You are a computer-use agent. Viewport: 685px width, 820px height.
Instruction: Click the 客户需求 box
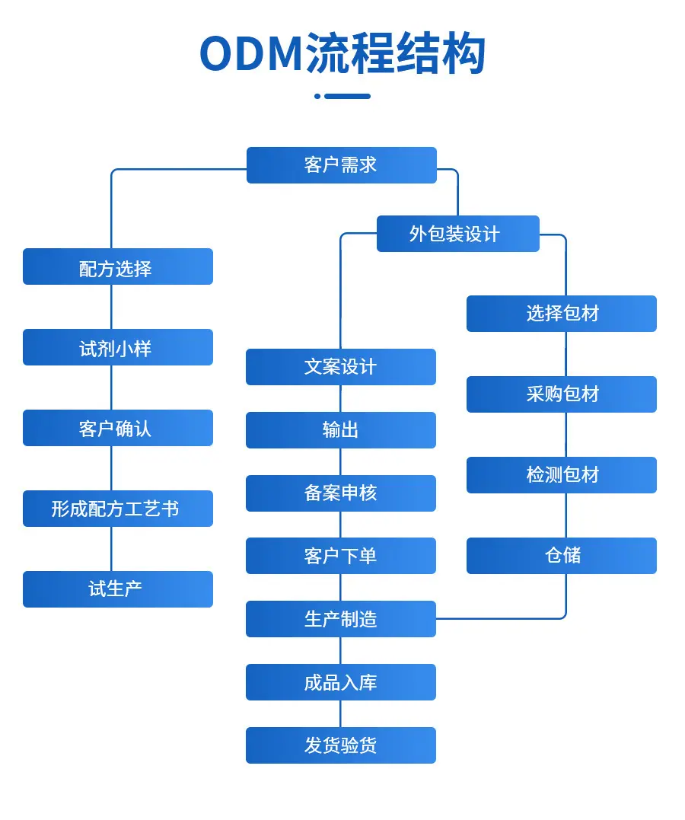coord(342,165)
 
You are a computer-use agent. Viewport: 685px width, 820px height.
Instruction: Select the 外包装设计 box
coord(458,234)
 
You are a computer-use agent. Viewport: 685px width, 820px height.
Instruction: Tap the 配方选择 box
coord(118,266)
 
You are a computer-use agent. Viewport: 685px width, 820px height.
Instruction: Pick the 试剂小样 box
coord(118,347)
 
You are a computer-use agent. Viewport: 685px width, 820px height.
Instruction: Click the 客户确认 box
coord(118,428)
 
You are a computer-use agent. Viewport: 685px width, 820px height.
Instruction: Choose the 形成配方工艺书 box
coord(118,509)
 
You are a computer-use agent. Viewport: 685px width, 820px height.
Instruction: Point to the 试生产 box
coord(118,589)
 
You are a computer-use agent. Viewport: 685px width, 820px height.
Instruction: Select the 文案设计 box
coord(341,367)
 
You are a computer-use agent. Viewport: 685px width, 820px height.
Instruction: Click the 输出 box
coord(341,430)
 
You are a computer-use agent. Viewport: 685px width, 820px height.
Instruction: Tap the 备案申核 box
coord(341,493)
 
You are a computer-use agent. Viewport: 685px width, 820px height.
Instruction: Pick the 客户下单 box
coord(341,556)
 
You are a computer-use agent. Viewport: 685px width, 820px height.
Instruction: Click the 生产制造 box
coord(341,619)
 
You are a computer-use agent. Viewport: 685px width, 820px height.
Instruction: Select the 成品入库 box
coord(341,682)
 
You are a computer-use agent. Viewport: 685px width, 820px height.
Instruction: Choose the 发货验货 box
coord(341,745)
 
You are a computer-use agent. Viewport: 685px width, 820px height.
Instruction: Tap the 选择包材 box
coord(562,314)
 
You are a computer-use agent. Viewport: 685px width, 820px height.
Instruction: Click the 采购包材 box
coord(562,394)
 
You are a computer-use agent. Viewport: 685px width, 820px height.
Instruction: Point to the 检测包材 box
coord(562,475)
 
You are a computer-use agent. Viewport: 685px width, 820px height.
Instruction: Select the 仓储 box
coord(562,556)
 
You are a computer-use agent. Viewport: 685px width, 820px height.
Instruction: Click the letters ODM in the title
coord(251,54)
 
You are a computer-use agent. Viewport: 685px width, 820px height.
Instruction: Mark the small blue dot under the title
coord(317,96)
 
